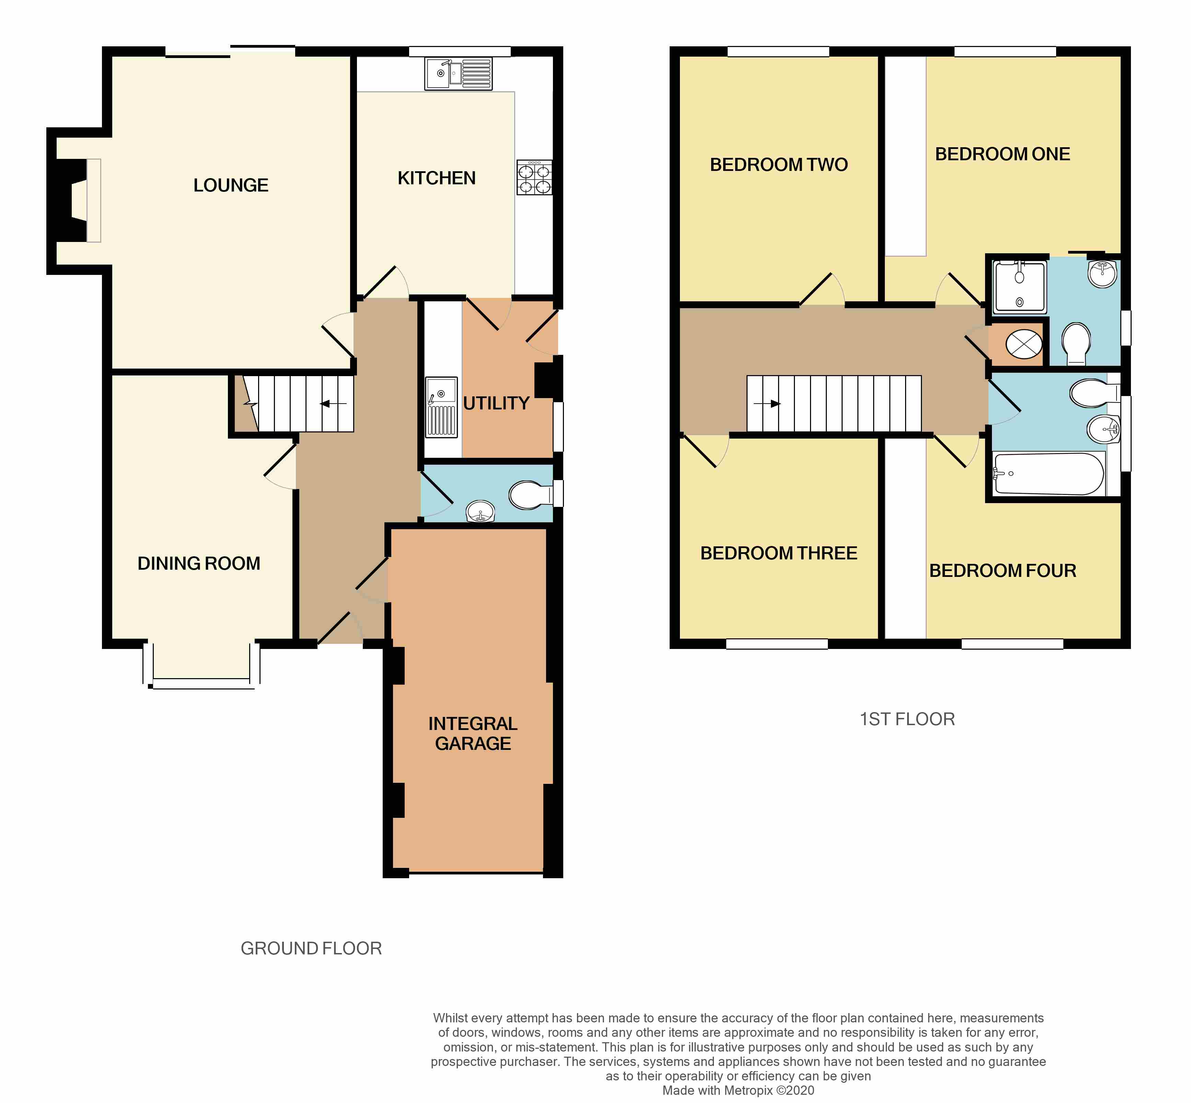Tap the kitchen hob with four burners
click(534, 178)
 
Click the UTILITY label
click(496, 404)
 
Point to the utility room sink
click(441, 406)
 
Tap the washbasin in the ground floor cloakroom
click(480, 511)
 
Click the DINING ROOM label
click(199, 564)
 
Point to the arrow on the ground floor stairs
click(333, 404)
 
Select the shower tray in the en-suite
click(1020, 288)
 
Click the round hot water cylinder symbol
click(1024, 345)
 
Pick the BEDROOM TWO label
click(778, 165)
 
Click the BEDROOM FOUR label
click(1002, 571)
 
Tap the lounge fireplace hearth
click(94, 200)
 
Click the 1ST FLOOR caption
click(907, 719)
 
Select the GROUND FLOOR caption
click(311, 949)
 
